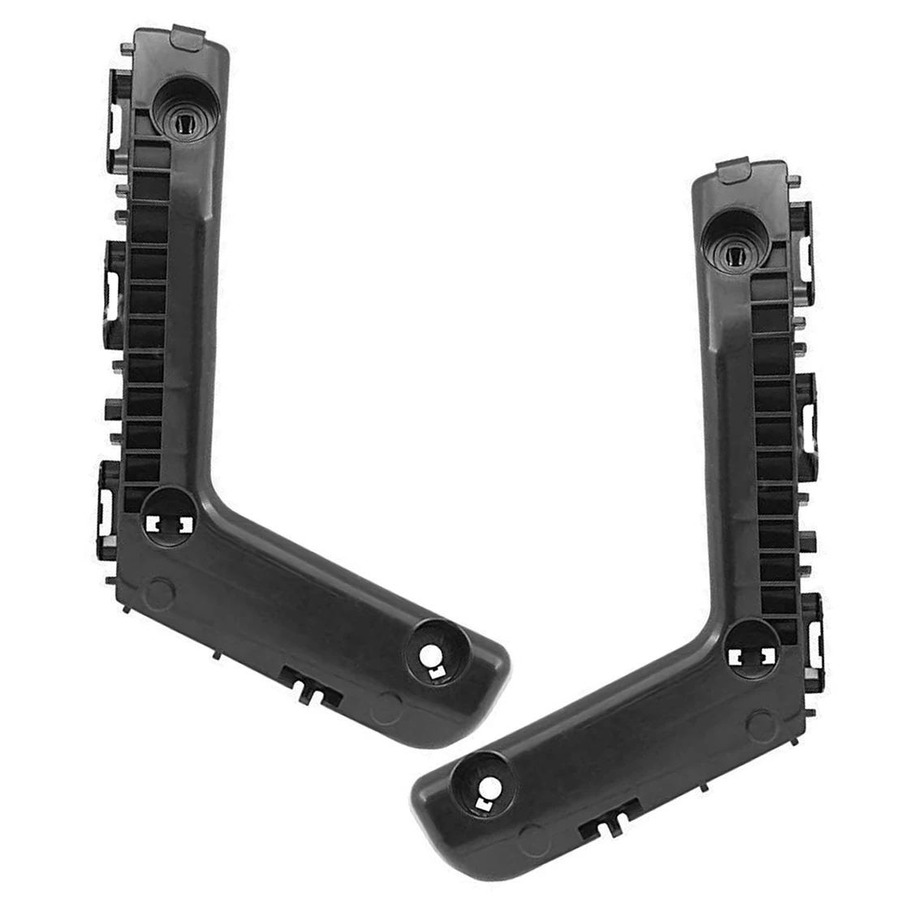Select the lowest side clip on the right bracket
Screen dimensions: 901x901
click(815, 633)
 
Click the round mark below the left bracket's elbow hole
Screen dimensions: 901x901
click(159, 591)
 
